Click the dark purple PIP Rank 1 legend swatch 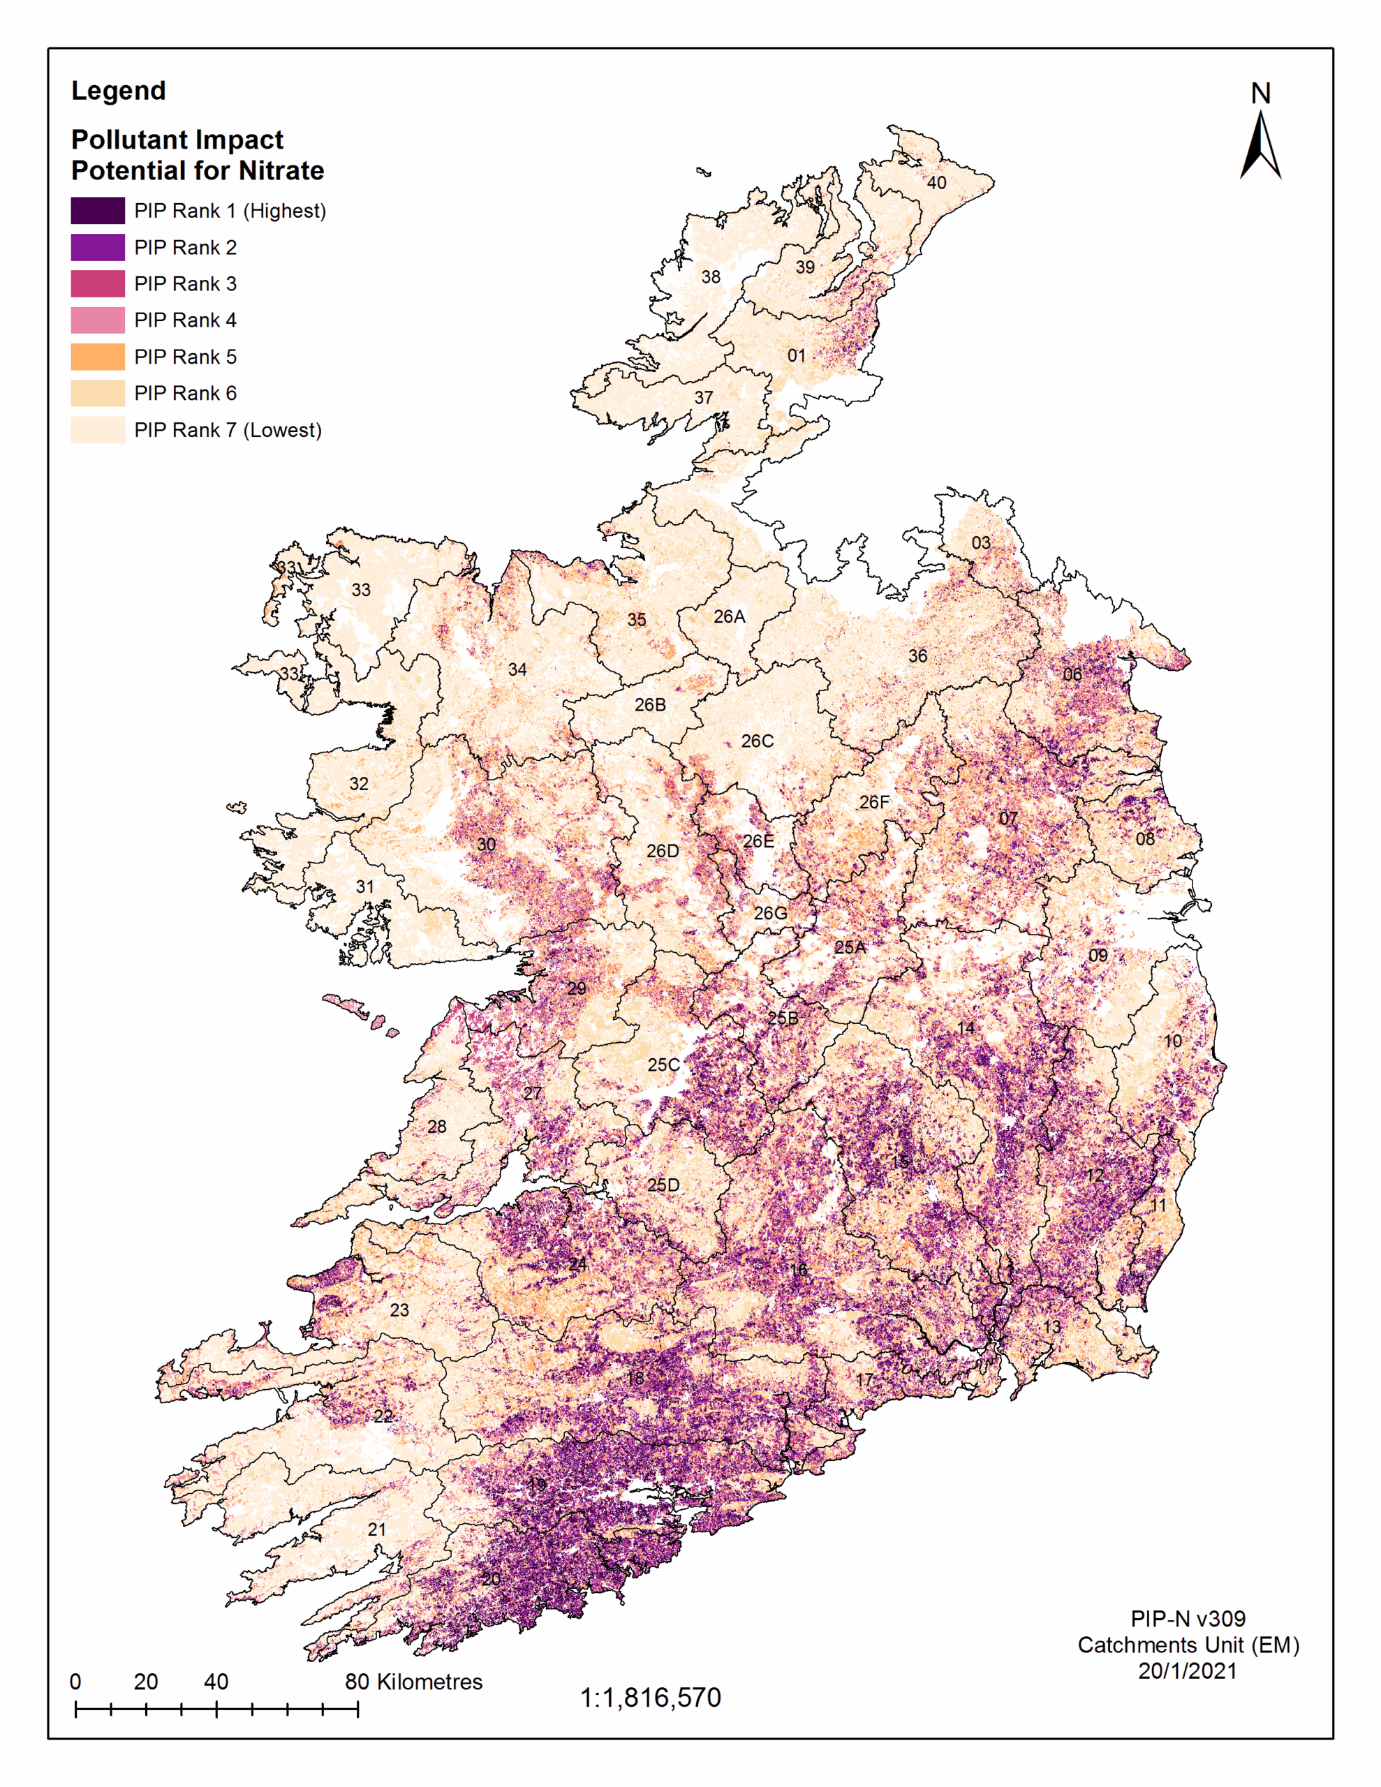click(x=98, y=210)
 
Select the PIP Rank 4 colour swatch click(x=98, y=320)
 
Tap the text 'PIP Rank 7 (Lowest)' click(x=228, y=431)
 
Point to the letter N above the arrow click(x=1261, y=94)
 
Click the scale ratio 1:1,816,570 click(x=650, y=1698)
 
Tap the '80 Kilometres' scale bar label click(x=413, y=1682)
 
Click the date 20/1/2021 click(x=1187, y=1671)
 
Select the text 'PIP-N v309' click(x=1188, y=1619)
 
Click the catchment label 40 click(x=936, y=182)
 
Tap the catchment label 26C click(x=758, y=741)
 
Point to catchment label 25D click(x=663, y=1185)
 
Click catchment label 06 click(x=1072, y=674)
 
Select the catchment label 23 click(x=399, y=1310)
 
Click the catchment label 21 click(x=376, y=1529)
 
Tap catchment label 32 click(x=359, y=784)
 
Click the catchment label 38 click(x=711, y=277)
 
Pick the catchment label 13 click(x=1052, y=1327)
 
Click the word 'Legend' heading click(x=119, y=90)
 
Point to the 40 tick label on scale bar click(x=216, y=1682)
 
